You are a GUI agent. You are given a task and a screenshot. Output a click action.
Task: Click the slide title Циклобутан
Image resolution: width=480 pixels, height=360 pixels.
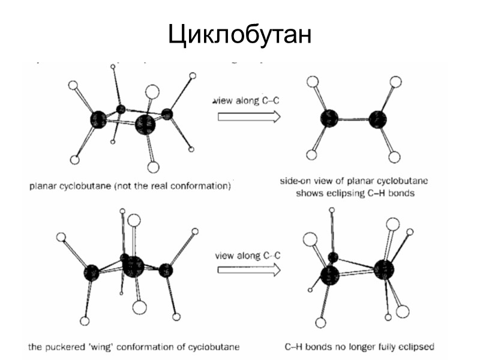[x=240, y=34]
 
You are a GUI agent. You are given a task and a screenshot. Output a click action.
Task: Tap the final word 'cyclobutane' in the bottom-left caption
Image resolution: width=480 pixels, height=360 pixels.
[x=215, y=347]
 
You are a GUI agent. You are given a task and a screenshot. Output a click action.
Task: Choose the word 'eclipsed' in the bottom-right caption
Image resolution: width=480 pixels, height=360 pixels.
[x=417, y=347]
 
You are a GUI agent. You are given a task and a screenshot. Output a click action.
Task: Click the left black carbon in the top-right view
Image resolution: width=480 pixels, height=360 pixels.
[x=329, y=119]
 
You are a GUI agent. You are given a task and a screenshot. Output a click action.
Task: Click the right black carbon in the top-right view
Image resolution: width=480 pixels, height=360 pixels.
[x=378, y=119]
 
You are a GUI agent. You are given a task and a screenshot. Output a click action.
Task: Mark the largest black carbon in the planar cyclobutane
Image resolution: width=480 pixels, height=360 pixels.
[x=145, y=124]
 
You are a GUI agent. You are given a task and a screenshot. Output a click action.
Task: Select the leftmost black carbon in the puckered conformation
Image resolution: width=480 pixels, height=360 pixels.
[x=92, y=272]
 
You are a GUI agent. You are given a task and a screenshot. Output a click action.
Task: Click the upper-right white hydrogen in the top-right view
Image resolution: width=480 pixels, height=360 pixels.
[x=395, y=82]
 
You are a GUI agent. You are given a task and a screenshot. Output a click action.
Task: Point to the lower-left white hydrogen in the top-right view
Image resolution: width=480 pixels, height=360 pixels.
[x=311, y=155]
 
